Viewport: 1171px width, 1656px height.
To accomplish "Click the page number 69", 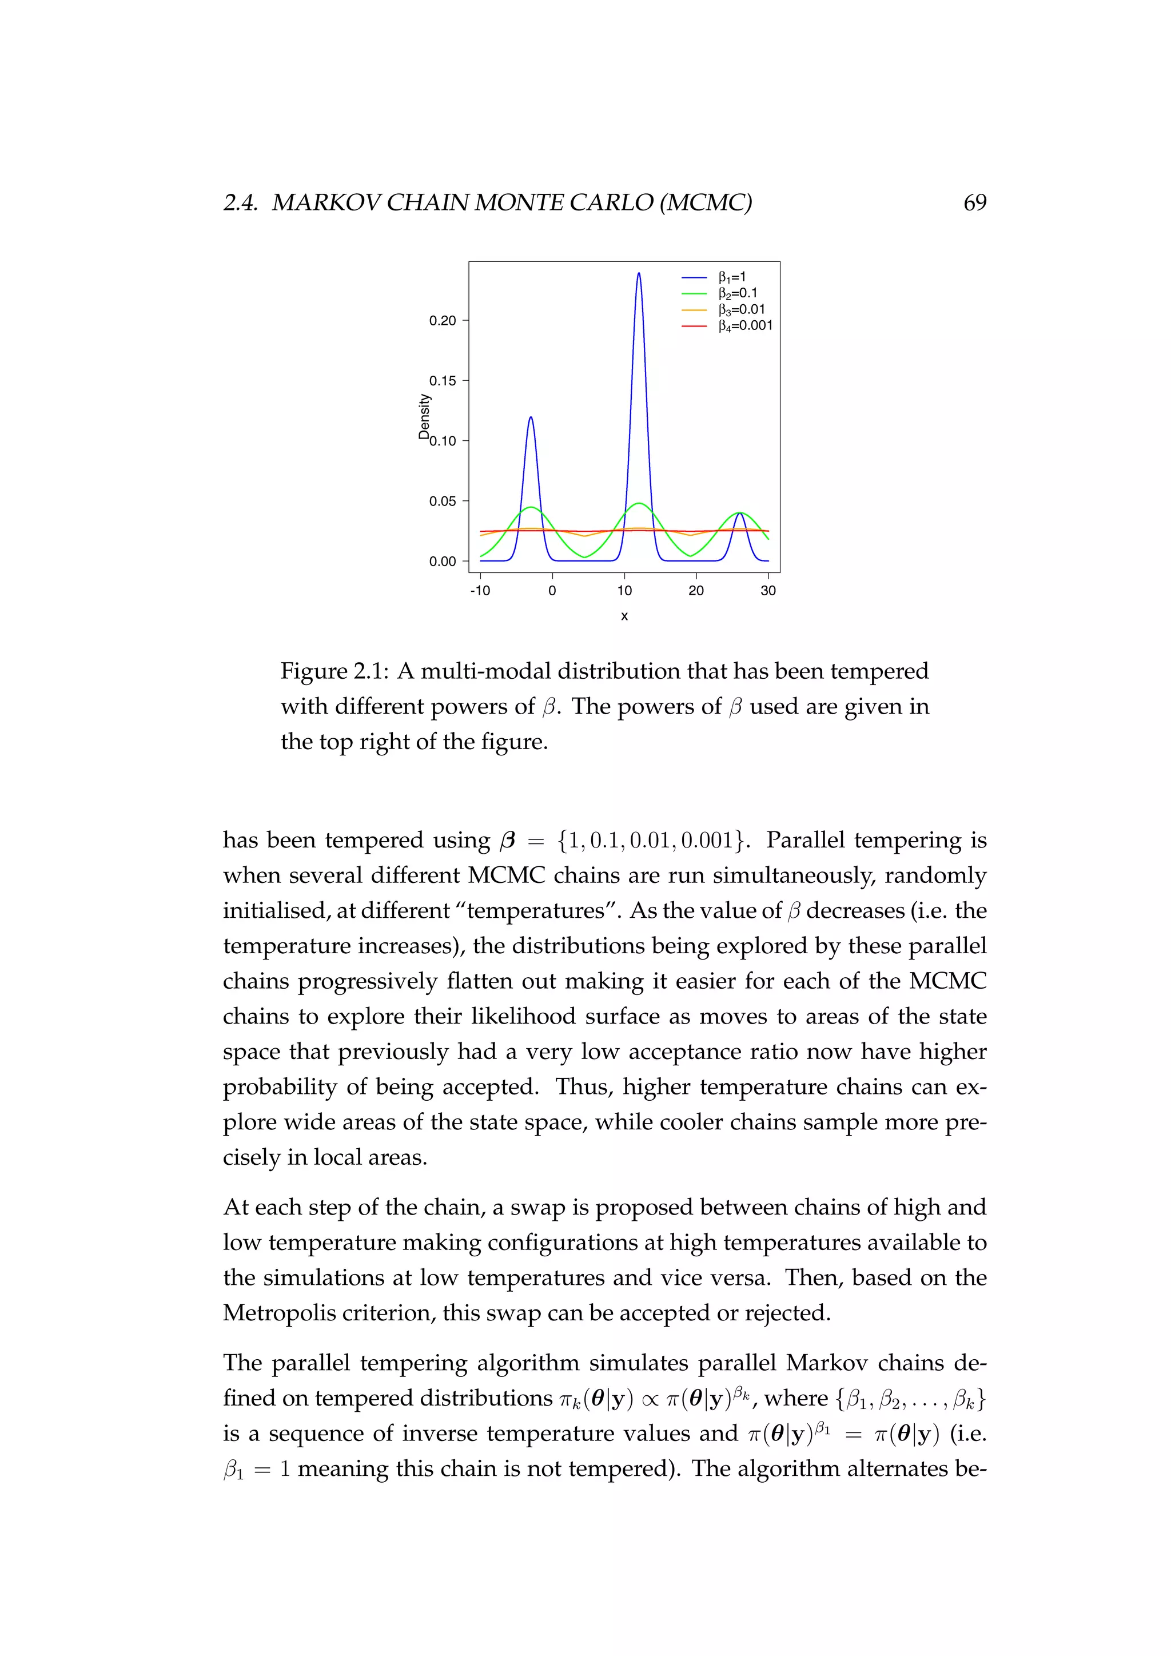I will point(974,202).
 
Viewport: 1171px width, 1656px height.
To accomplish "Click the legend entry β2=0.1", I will point(737,293).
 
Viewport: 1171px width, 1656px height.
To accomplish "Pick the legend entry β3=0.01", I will point(740,309).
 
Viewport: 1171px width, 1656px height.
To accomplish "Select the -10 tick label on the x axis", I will point(480,591).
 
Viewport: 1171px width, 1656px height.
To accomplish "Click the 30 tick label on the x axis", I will point(768,591).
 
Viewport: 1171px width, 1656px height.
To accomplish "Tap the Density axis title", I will point(424,416).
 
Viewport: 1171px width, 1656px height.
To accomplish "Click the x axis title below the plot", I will point(624,616).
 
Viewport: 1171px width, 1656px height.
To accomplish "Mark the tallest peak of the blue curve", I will point(639,273).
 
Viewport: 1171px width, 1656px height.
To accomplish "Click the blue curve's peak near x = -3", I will point(531,417).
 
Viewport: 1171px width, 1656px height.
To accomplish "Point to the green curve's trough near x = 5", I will point(585,557).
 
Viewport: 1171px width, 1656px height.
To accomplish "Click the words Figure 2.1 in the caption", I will point(333,671).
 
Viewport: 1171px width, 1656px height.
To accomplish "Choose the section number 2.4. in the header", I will point(240,202).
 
